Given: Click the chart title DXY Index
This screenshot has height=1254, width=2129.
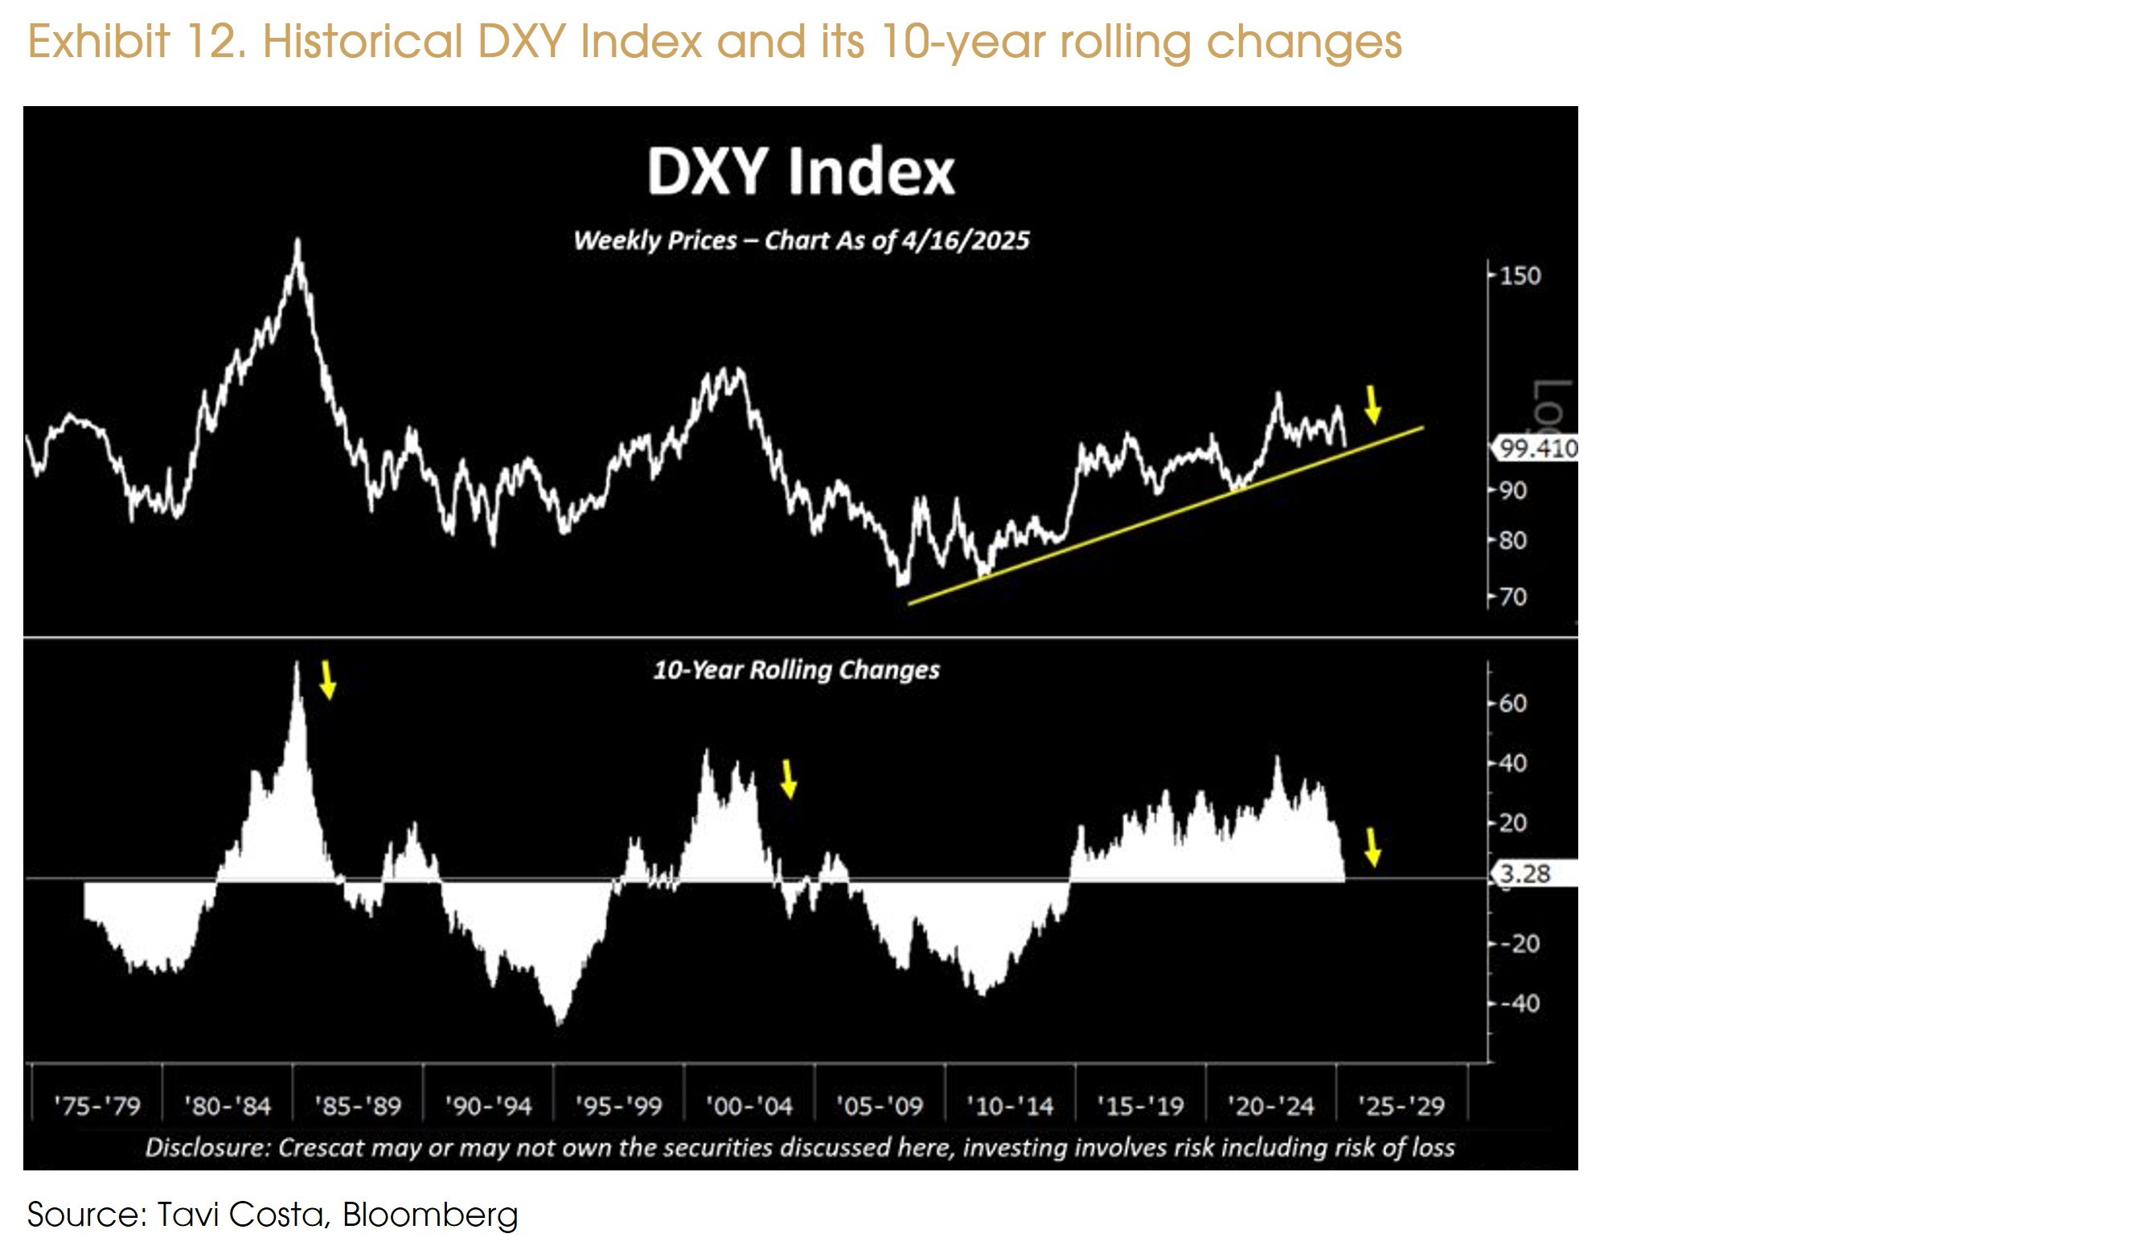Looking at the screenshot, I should [800, 171].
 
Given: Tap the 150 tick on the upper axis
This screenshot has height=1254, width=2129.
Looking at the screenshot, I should [1520, 277].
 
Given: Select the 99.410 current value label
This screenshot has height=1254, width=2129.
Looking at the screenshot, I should [1537, 448].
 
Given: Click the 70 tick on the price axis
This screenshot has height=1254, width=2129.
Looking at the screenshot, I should [1513, 597].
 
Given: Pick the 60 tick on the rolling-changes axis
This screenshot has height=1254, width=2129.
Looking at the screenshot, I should [1513, 703].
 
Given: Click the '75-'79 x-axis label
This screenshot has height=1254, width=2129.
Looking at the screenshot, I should [97, 1106].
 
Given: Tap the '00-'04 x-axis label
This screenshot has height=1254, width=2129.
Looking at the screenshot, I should [749, 1106].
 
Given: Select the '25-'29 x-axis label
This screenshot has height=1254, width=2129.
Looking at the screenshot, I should [1401, 1106].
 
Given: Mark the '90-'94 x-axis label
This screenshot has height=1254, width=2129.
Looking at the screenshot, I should [489, 1106].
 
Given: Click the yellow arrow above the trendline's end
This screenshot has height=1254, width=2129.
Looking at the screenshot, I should [1372, 405].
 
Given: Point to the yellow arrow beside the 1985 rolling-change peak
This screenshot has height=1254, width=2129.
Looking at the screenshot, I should [328, 680].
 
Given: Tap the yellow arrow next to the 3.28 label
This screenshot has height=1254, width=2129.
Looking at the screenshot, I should [1372, 846].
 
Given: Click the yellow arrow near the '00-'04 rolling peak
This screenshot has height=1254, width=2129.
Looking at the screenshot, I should [788, 778].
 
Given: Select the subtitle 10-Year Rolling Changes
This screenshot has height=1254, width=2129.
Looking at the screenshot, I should [796, 670].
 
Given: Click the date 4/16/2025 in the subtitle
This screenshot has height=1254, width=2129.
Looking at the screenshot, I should [965, 241].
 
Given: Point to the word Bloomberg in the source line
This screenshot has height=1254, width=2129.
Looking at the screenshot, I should [429, 1215].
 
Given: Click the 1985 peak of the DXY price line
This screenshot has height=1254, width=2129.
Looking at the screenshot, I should [297, 243].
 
